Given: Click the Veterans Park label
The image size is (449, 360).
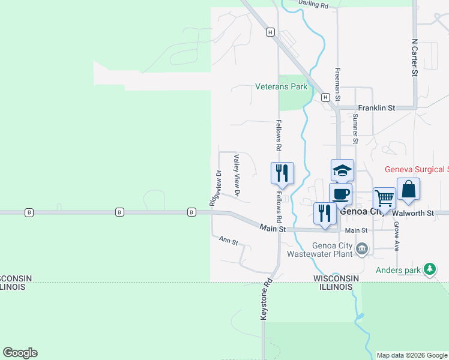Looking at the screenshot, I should pos(281,87).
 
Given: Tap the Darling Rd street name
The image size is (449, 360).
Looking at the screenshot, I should pos(313,5).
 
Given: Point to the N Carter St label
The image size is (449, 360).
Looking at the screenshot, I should pos(414,58).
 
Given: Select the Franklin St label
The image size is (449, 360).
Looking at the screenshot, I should pos(376,108).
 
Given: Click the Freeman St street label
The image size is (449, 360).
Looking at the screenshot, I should pos(337,84).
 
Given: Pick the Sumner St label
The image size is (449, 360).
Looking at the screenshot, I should pos(355,131).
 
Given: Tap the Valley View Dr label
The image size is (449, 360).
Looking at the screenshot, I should pos(237,176).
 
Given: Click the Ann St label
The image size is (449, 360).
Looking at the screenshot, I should pos(228,241).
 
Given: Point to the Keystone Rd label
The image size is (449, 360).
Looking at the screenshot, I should pos(266,298).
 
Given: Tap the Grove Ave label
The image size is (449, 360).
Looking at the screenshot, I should pos(396,236).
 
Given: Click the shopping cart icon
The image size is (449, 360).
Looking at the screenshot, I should pos(384,197).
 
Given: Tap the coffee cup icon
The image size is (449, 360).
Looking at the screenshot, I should pos(340,194).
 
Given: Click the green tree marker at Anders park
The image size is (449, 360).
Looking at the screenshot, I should pos(430,270).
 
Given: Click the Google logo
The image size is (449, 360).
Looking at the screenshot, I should pos(20,353).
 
